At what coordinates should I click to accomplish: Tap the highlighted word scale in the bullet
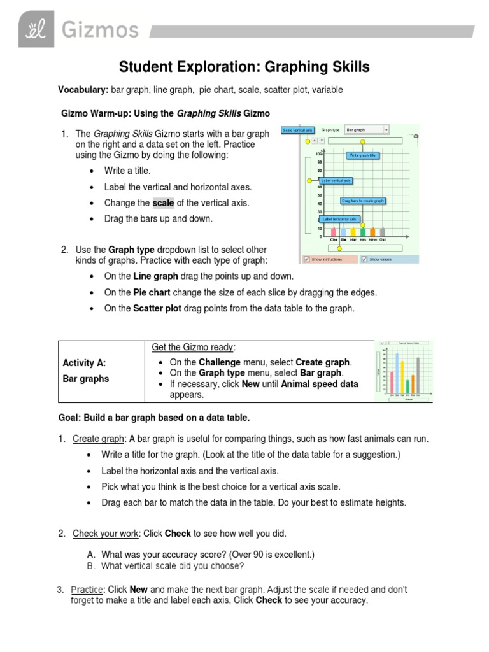[x=163, y=203]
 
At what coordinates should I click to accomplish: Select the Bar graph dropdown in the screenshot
[x=366, y=130]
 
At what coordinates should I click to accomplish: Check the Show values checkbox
[x=364, y=259]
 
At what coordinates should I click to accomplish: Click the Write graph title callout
[x=363, y=155]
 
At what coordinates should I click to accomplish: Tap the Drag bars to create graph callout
[x=363, y=201]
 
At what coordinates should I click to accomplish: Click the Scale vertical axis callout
[x=298, y=130]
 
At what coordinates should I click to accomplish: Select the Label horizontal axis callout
[x=339, y=219]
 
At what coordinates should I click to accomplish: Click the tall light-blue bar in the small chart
[x=398, y=372]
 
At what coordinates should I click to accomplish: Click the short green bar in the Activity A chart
[x=408, y=386]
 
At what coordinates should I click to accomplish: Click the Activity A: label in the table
[x=84, y=363]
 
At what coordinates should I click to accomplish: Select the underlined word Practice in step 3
[x=87, y=590]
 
